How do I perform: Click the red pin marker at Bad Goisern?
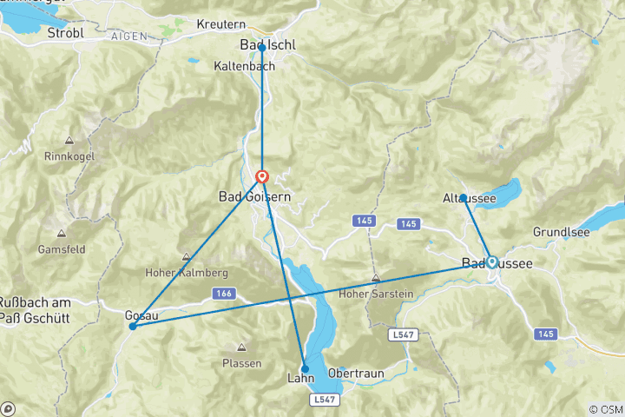[x=262, y=177]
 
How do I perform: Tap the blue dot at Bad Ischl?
[x=262, y=48]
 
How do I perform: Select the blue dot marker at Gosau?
[x=132, y=327]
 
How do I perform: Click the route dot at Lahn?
[x=305, y=368]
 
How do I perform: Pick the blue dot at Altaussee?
[x=464, y=198]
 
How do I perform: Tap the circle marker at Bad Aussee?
[x=492, y=261]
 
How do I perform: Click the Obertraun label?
[x=355, y=371]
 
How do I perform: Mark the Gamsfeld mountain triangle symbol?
[x=61, y=233]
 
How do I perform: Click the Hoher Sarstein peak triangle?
[x=375, y=279]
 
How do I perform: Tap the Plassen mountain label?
[x=241, y=363]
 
